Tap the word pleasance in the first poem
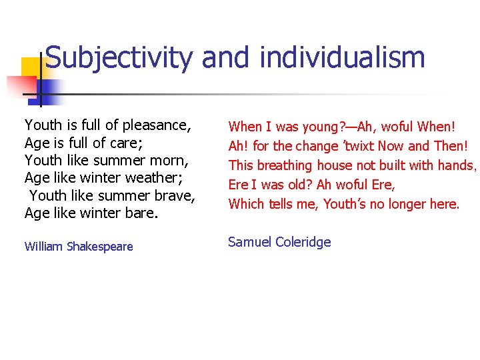[156, 125]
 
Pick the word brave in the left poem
[173, 195]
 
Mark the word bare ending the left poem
[143, 213]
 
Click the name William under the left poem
[43, 247]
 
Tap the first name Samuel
[251, 242]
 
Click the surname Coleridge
[303, 242]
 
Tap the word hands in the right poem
[456, 165]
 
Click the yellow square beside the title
[32, 69]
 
